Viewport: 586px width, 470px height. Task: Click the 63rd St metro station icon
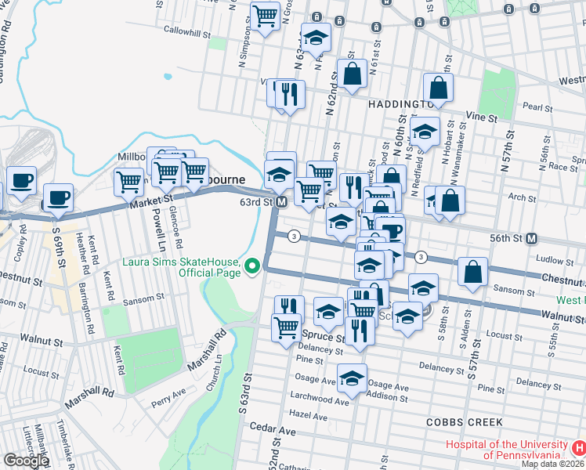(x=280, y=202)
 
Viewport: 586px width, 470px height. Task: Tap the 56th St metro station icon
(x=531, y=238)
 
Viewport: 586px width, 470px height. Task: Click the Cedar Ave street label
(x=272, y=430)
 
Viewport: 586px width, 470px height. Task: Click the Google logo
(x=26, y=461)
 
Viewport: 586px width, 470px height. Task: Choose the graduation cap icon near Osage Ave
(x=353, y=378)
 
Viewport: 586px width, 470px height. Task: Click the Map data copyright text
(x=553, y=464)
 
